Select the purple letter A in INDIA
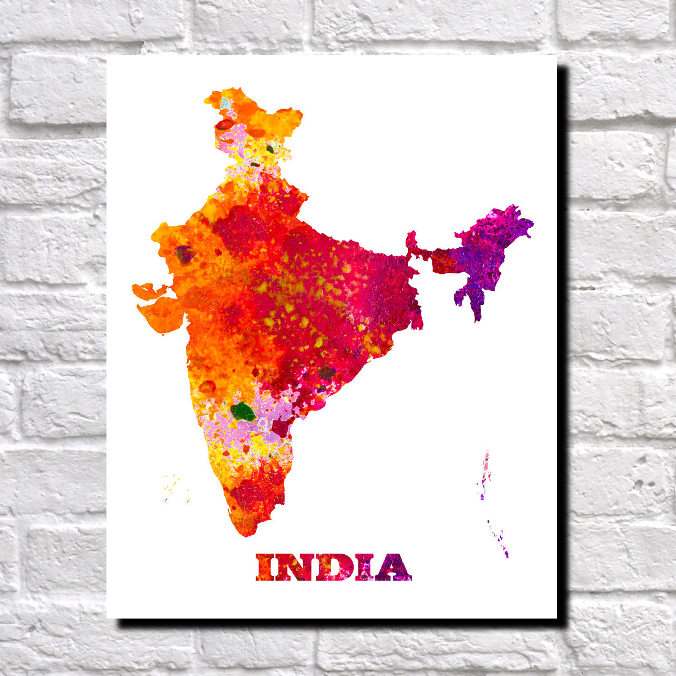click(x=393, y=567)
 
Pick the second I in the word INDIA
click(x=362, y=567)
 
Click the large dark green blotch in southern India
click(x=243, y=411)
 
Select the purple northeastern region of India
click(x=484, y=253)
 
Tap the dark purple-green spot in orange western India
click(x=184, y=254)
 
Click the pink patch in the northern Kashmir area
click(x=234, y=135)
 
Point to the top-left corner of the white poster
click(x=108, y=56)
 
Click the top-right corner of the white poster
click(x=556, y=56)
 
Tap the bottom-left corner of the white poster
click(x=108, y=618)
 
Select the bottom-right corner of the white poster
click(x=556, y=618)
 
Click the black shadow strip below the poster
click(x=338, y=624)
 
